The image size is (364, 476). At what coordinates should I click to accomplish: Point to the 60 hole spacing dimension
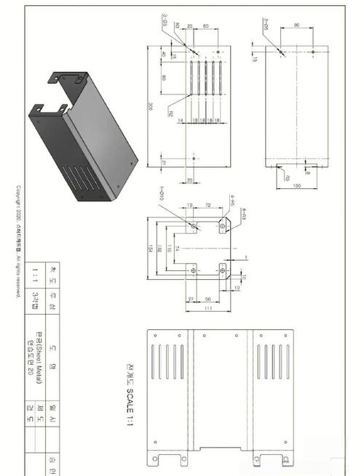[x=206, y=25]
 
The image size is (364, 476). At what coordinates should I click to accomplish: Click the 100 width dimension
[x=296, y=186]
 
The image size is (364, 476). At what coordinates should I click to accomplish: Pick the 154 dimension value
[x=150, y=249]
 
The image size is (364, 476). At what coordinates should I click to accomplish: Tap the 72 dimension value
[x=208, y=206]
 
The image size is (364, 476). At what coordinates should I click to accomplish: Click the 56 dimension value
[x=208, y=298]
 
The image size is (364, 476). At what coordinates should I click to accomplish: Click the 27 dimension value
[x=190, y=298]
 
